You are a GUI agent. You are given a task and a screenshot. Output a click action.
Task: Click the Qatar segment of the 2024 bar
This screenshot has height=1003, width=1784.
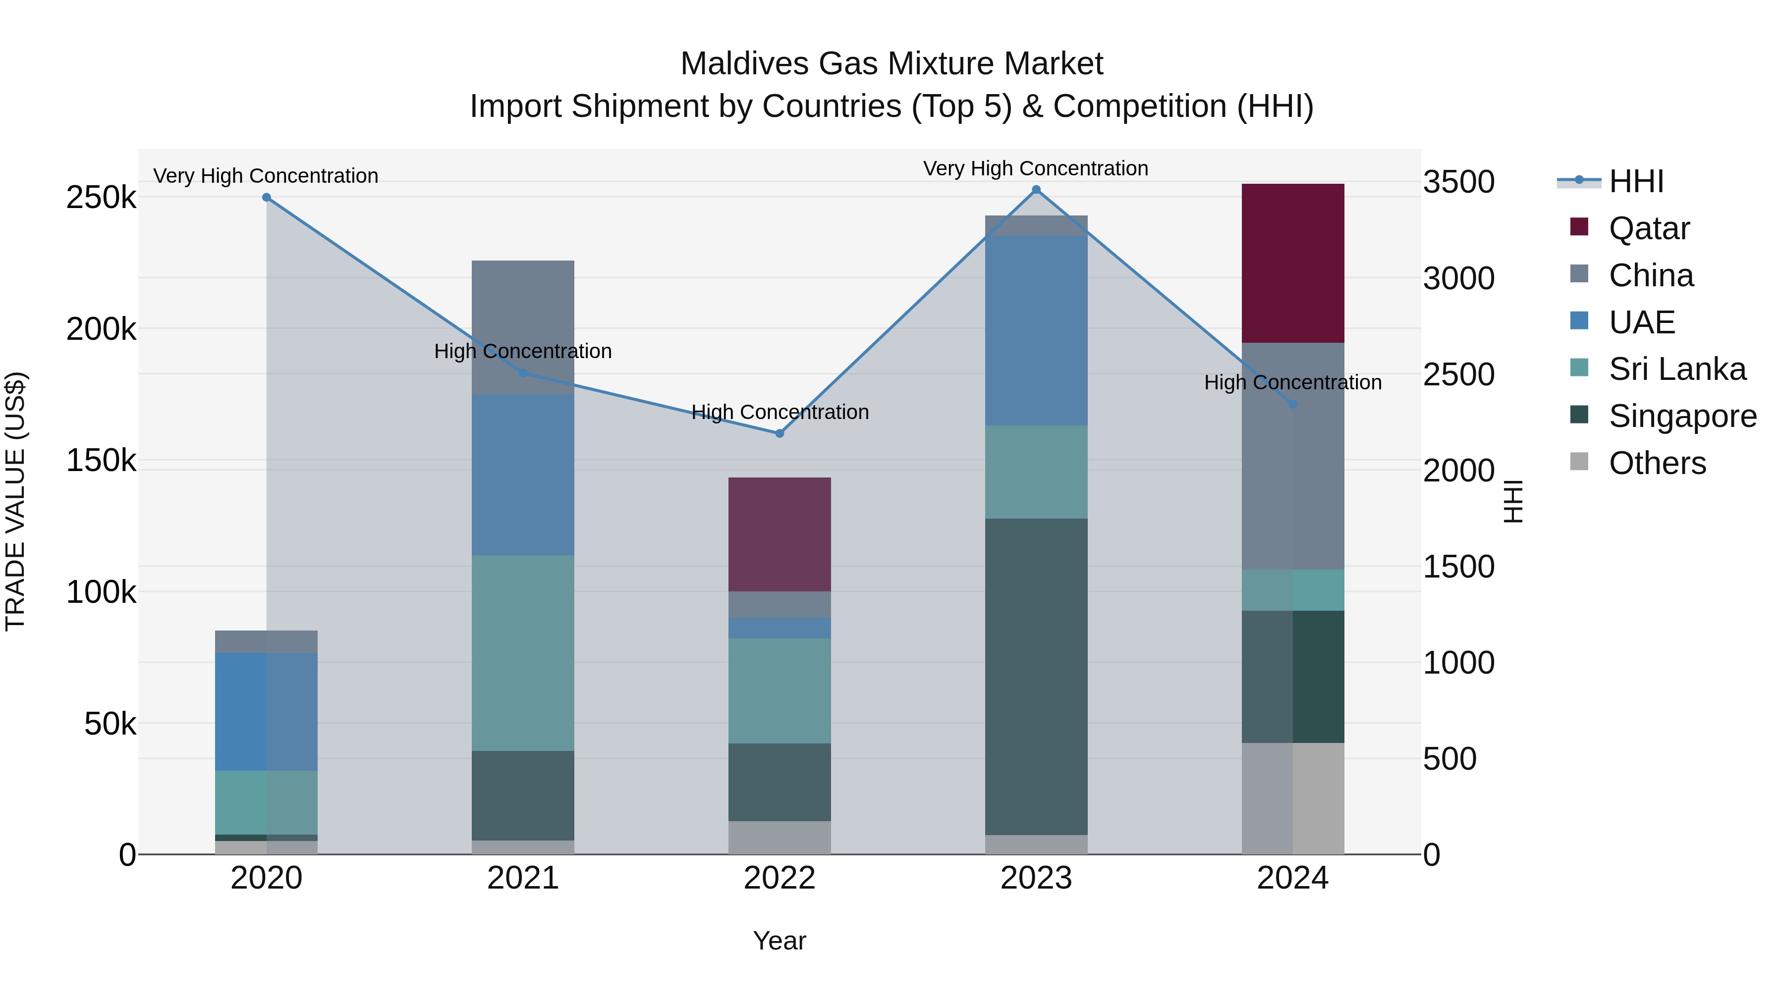point(1292,263)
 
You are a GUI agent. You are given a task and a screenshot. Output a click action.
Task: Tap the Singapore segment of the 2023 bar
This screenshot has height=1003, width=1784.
point(1036,676)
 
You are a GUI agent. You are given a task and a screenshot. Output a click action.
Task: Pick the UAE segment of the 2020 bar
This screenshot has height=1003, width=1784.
point(266,712)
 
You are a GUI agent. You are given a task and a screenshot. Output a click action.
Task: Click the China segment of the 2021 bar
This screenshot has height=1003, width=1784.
point(523,327)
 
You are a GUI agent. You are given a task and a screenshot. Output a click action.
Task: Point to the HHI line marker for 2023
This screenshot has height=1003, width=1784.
point(1036,190)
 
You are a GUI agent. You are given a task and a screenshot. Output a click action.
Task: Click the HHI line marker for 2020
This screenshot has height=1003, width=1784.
point(267,197)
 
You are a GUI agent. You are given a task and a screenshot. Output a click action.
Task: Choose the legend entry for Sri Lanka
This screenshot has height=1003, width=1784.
point(1676,369)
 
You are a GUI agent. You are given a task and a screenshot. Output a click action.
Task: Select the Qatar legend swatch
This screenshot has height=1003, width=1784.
point(1579,227)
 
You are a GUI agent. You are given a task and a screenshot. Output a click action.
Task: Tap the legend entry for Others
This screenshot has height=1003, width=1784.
point(1657,463)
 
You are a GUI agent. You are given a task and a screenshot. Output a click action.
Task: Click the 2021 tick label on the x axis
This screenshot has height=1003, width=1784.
point(523,878)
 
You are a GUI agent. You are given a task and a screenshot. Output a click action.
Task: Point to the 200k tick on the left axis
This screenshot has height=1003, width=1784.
point(101,329)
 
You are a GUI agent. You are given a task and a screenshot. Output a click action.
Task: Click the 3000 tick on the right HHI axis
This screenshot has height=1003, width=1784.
point(1458,278)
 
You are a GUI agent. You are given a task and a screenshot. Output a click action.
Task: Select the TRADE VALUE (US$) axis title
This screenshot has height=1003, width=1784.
point(15,501)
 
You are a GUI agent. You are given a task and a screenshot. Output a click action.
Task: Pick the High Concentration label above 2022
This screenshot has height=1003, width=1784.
point(780,412)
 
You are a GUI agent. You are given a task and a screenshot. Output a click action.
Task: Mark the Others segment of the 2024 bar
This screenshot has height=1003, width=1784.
point(1292,798)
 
